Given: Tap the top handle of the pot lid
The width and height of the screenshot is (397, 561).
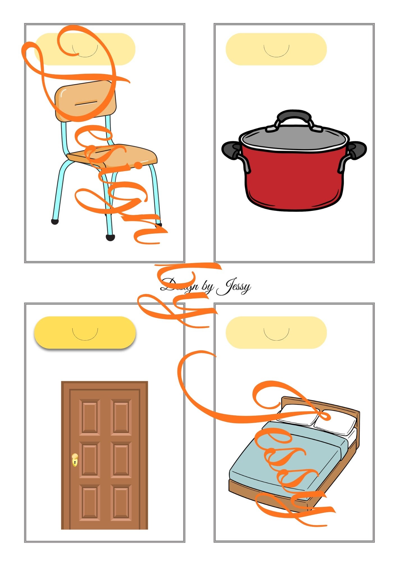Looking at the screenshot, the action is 294,118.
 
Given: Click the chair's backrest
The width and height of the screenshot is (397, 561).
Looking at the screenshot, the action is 85,101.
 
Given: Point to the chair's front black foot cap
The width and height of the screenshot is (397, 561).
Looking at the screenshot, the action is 110,237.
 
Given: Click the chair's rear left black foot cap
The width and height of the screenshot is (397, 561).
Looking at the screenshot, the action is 55,222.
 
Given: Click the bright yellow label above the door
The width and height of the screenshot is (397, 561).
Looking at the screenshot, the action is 85,333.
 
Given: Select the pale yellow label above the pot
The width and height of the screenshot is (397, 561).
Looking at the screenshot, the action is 276,49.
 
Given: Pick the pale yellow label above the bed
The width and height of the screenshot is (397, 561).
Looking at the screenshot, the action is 276,333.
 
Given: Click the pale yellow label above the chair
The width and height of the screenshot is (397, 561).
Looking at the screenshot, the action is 85,49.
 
